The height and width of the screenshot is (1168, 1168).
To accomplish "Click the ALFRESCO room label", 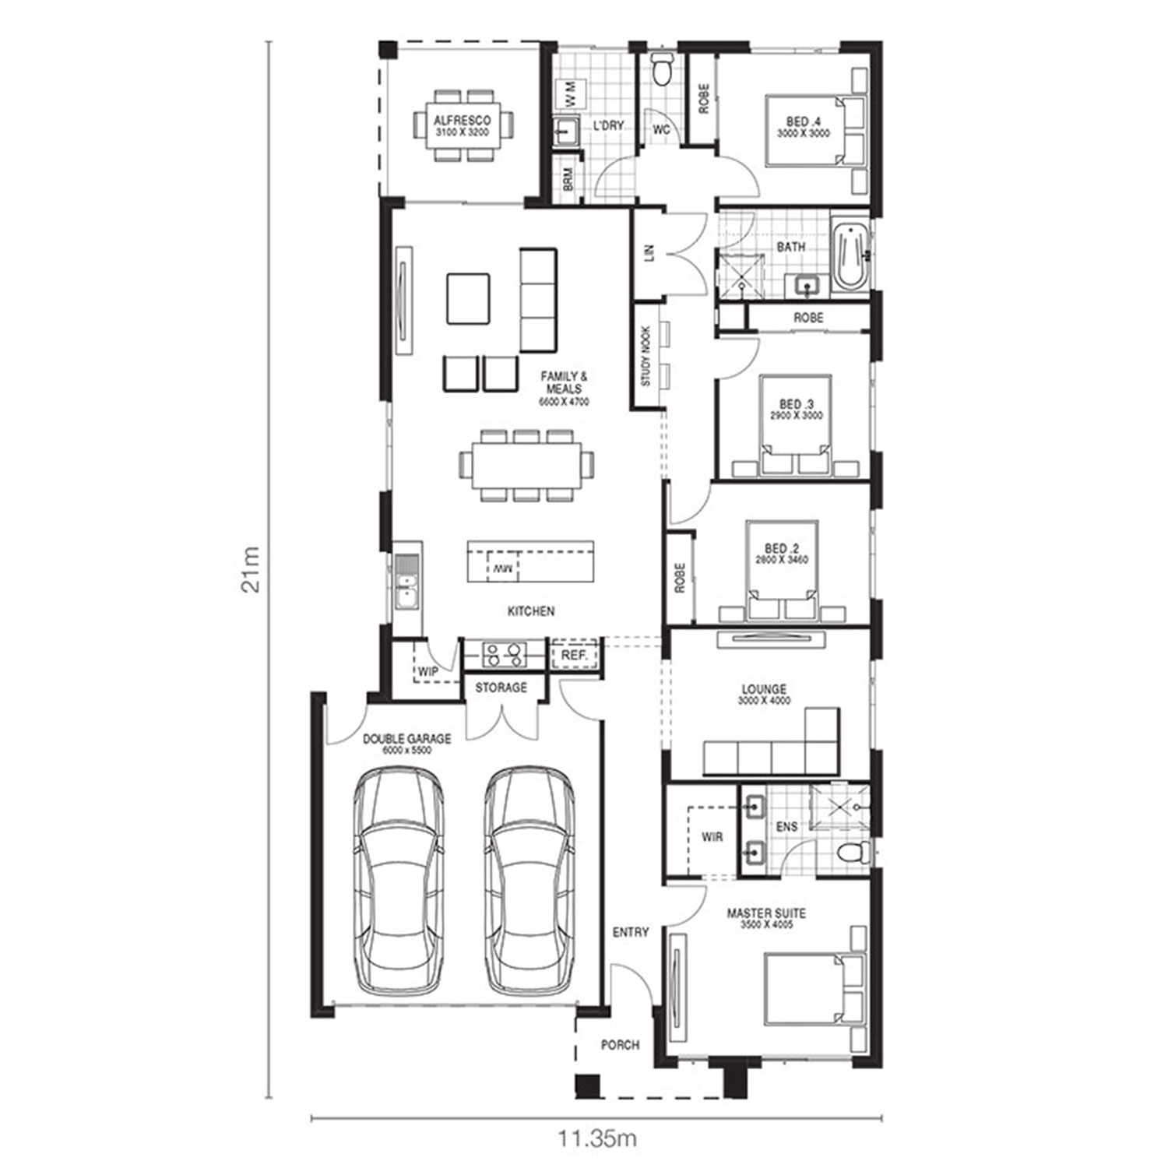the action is (462, 121).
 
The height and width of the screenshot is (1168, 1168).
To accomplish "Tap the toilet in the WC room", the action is (663, 69).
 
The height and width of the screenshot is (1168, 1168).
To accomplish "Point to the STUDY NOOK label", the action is (646, 357).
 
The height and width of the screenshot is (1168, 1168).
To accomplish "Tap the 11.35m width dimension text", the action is (597, 1138).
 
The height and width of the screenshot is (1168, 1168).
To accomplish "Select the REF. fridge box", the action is (575, 656).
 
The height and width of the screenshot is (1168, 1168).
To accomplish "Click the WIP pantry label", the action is (428, 671).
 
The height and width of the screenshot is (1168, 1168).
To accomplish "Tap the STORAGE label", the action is (501, 688).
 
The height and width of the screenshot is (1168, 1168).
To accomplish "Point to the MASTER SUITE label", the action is (766, 913).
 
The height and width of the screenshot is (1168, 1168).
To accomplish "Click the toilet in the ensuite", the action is (853, 853).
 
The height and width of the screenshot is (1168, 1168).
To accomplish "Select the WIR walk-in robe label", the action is (712, 837).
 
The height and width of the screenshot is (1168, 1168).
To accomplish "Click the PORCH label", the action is (620, 1045).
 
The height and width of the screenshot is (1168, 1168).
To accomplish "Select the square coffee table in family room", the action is (468, 298).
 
